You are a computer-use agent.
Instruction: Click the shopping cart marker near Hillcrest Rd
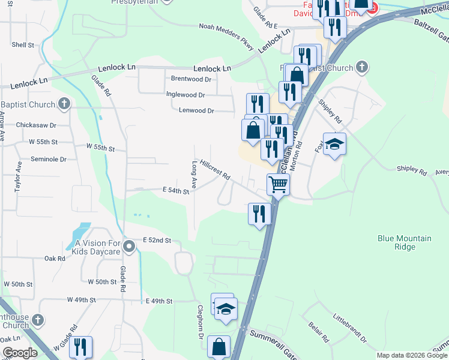click(279, 184)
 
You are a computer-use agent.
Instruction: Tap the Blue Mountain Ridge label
click(404, 242)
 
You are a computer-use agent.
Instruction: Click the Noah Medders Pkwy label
click(228, 27)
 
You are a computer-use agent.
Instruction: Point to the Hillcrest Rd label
click(215, 170)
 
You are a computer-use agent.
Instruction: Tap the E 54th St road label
click(176, 191)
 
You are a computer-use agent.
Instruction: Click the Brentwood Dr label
click(191, 79)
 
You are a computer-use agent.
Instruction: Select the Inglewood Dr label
click(185, 95)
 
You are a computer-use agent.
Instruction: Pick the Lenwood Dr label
click(196, 110)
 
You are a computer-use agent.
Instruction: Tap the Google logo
click(19, 353)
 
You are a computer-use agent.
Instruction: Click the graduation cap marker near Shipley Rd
click(335, 145)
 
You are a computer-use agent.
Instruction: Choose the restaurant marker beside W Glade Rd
click(80, 347)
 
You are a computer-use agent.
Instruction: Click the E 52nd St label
click(157, 240)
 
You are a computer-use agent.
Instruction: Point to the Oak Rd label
click(55, 259)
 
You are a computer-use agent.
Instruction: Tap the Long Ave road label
click(194, 173)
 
